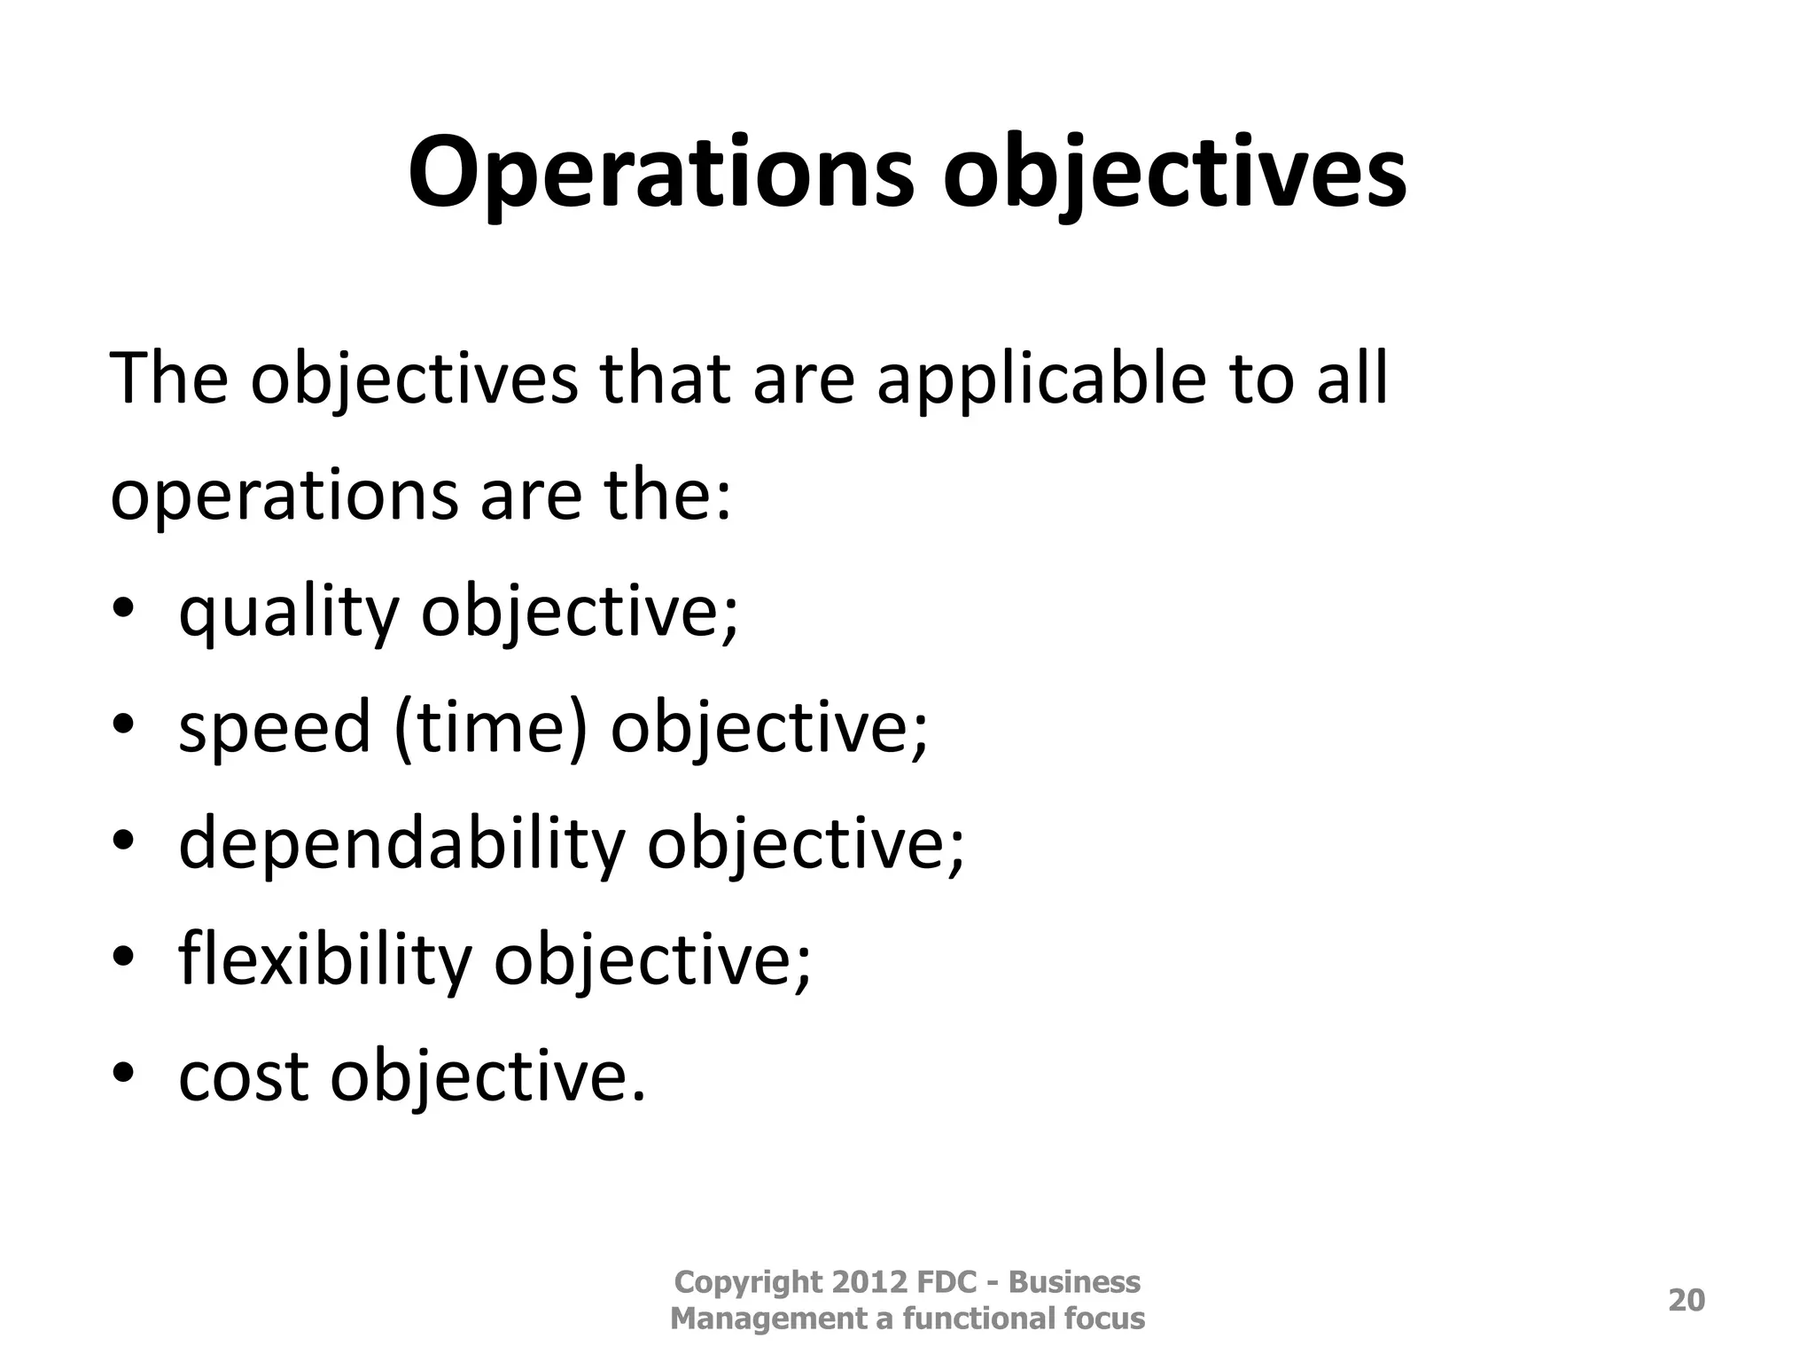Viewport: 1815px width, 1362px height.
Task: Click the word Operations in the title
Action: [660, 173]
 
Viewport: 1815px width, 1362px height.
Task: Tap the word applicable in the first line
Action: [1041, 380]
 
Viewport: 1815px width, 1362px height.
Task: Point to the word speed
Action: [275, 728]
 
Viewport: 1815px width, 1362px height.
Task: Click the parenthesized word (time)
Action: [491, 728]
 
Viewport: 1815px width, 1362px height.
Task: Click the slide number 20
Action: [1686, 1300]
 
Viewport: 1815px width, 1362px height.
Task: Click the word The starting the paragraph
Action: [168, 380]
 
